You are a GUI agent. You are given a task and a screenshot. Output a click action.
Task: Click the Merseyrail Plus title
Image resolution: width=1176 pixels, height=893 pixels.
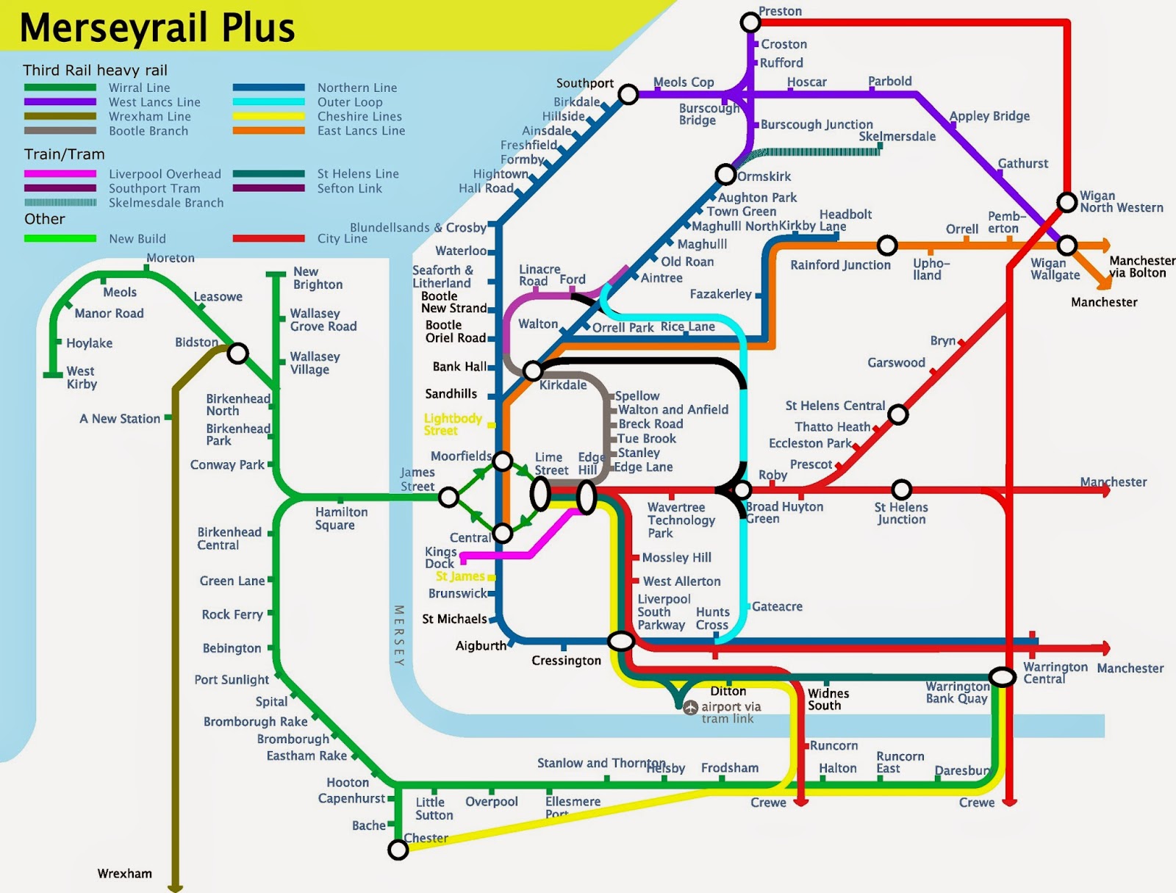[157, 28]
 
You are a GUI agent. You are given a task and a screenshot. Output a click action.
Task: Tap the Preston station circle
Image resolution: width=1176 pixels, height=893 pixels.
[750, 22]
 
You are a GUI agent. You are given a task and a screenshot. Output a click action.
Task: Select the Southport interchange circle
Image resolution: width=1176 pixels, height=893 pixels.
[628, 94]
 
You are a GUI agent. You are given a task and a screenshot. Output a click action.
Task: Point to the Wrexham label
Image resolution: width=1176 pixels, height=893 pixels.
[124, 873]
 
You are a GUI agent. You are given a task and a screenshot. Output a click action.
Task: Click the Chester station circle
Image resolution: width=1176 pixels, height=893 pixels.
[398, 850]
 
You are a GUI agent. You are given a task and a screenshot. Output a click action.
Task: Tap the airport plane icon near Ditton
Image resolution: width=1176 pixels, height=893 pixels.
[690, 707]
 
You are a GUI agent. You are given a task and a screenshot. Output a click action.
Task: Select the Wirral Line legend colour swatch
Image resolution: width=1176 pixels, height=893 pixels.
[60, 87]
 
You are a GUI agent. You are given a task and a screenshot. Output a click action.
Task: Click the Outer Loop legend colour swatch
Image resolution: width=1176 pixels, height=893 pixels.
[268, 102]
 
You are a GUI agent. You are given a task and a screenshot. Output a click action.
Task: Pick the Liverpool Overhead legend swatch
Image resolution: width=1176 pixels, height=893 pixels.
[60, 174]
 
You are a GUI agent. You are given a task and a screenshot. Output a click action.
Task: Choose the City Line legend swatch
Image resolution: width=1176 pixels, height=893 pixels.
[268, 238]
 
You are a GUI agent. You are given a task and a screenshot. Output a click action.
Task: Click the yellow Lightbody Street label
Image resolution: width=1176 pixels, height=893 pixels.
[452, 424]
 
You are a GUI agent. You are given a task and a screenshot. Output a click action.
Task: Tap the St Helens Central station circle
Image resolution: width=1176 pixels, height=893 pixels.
[897, 415]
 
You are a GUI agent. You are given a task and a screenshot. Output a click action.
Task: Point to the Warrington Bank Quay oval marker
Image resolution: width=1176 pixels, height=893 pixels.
[1002, 677]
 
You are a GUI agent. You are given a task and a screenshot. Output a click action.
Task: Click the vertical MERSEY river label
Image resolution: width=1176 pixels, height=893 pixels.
[399, 636]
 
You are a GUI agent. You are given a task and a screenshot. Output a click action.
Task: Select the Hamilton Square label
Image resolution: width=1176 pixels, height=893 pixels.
[341, 518]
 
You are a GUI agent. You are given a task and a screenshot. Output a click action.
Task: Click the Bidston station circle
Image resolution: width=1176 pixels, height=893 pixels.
[237, 354]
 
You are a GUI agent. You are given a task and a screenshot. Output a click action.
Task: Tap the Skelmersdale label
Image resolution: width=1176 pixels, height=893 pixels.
[897, 136]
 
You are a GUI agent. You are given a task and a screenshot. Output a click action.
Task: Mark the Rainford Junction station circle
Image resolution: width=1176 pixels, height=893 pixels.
[887, 245]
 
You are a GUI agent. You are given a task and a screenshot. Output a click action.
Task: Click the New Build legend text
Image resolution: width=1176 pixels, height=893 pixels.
[137, 238]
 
